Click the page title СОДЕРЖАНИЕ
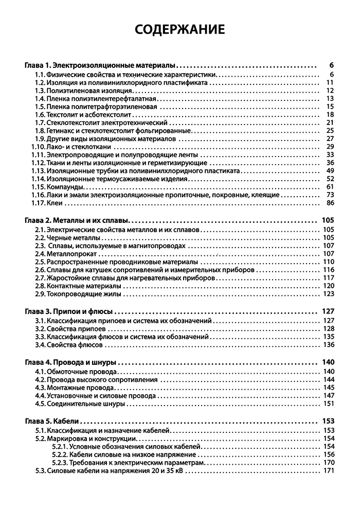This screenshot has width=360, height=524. click(x=180, y=29)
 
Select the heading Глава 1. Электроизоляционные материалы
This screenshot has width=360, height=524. click(x=101, y=65)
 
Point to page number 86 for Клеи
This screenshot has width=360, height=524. click(x=330, y=203)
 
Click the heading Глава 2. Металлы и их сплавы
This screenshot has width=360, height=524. click(x=77, y=220)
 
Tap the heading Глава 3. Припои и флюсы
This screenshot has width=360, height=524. click(x=68, y=311)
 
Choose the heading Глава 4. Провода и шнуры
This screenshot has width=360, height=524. click(x=70, y=362)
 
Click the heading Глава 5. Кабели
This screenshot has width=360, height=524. click(x=55, y=421)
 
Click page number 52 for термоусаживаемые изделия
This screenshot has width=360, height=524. click(x=330, y=178)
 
